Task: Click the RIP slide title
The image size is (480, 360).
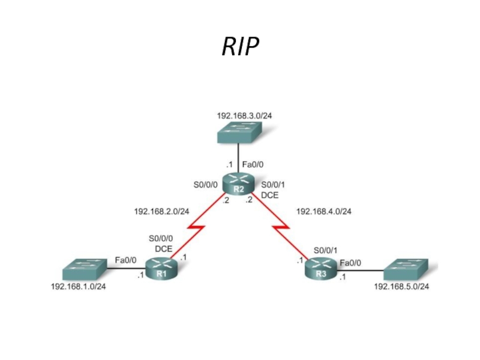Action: pos(240,46)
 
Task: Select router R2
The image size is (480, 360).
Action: pos(238,183)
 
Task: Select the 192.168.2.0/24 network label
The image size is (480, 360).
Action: pos(162,211)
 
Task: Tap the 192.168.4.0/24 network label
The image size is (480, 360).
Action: pos(324,211)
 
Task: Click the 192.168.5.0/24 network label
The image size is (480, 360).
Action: pos(401,286)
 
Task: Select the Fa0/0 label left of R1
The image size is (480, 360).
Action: pos(126,260)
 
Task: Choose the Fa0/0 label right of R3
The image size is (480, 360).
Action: pos(350,262)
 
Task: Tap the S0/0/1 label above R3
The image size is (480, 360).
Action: pos(325,250)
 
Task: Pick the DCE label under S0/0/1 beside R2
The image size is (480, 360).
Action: pos(269,195)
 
